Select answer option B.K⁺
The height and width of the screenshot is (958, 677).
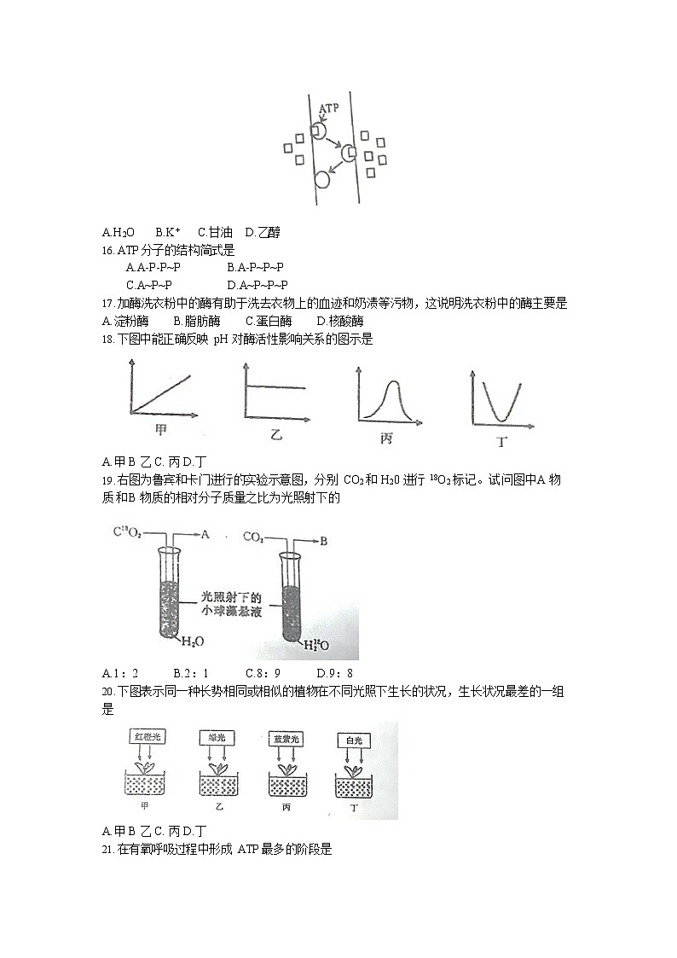point(168,232)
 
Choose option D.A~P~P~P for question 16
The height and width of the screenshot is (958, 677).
point(257,285)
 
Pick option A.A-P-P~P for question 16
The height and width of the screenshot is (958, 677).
point(153,268)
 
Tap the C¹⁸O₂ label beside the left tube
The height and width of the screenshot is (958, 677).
point(127,534)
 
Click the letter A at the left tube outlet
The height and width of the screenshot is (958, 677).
point(205,535)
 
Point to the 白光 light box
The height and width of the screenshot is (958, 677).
point(350,740)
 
